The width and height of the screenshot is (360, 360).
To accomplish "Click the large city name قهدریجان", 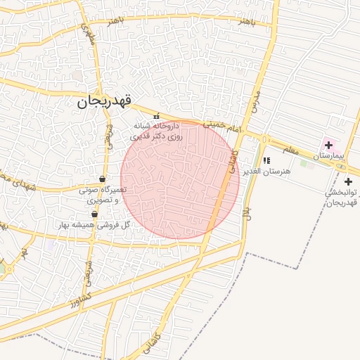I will click(x=105, y=102).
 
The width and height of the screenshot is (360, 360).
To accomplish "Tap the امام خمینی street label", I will click(x=224, y=127).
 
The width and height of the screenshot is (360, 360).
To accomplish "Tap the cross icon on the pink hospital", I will click(x=328, y=145).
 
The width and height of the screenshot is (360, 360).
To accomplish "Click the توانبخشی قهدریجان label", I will click(x=343, y=197).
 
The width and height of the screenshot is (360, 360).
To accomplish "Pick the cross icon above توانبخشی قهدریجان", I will click(x=348, y=182).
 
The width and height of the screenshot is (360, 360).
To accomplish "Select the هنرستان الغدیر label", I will click(x=261, y=172).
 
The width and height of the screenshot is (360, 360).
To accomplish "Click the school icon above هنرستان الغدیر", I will click(x=266, y=161).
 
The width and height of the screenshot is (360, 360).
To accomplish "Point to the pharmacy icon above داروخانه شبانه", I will click(x=157, y=116).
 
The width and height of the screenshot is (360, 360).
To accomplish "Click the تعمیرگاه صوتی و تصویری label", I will click(x=103, y=194).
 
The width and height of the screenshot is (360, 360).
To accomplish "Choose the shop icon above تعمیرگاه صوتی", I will click(x=103, y=179).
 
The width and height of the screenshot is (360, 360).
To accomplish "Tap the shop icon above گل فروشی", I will click(x=94, y=214).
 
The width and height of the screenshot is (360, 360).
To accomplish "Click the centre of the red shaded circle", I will click(x=180, y=180).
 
